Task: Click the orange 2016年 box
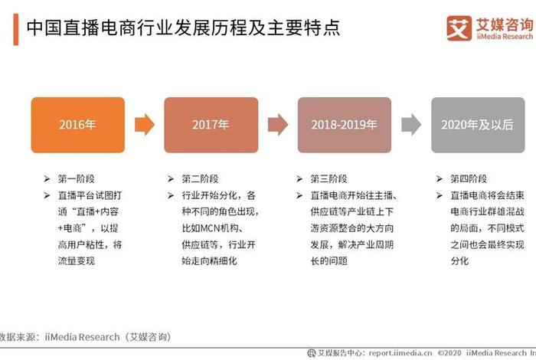click(x=77, y=125)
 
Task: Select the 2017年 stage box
click(x=211, y=125)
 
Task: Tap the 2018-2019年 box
click(x=344, y=125)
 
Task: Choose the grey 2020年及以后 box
click(x=477, y=125)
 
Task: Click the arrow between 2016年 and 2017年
click(x=144, y=124)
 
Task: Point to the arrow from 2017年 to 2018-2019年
click(x=277, y=124)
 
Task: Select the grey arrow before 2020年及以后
click(x=411, y=124)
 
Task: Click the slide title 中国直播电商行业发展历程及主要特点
click(x=184, y=28)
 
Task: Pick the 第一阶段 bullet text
click(x=77, y=178)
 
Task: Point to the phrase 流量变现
click(x=77, y=261)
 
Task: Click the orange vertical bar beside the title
click(x=15, y=29)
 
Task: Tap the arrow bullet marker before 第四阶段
click(x=440, y=178)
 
